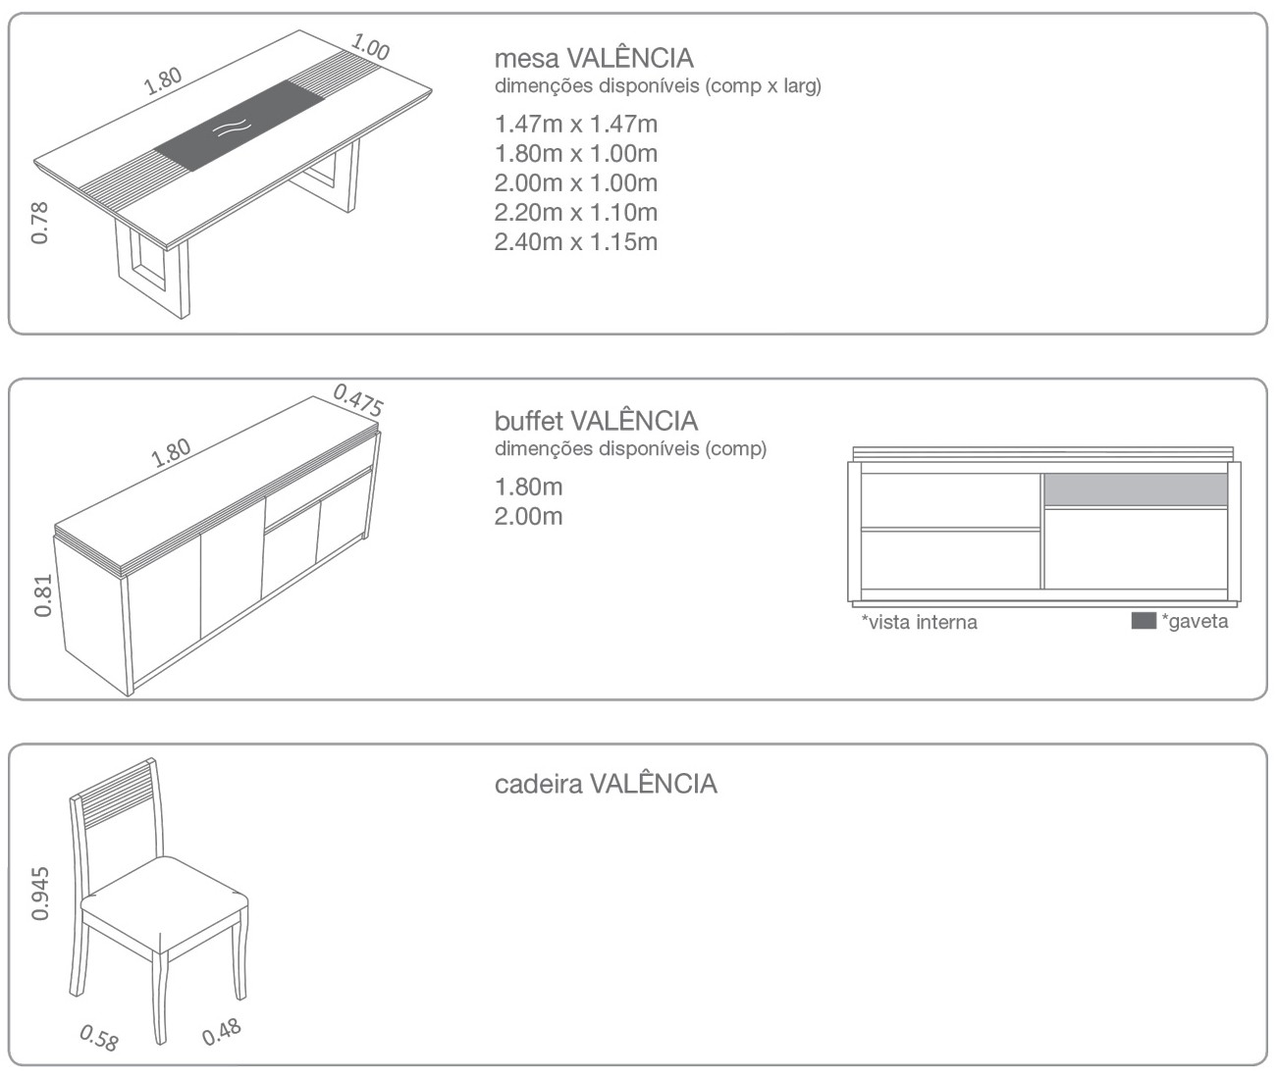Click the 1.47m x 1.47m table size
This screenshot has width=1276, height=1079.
576,124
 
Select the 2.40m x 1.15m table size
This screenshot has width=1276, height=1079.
576,242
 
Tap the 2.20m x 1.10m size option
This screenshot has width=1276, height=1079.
576,212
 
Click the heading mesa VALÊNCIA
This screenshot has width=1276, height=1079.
594,58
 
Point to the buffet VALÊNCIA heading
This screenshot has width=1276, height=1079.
597,422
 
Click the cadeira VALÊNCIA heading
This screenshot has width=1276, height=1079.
606,784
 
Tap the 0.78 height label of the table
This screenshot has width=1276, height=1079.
39,223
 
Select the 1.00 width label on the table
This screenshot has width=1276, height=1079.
370,47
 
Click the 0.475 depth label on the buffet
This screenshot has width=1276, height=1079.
358,400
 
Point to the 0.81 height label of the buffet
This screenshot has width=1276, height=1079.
42,595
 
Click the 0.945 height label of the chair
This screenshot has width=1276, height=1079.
39,894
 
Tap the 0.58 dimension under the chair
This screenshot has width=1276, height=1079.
99,1037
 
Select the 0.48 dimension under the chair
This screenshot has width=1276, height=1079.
221,1032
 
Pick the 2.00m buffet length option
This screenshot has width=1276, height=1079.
528,516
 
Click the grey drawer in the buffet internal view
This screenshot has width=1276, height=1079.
1136,489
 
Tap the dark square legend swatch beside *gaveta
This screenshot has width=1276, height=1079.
1143,621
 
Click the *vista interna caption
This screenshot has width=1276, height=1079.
919,622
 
